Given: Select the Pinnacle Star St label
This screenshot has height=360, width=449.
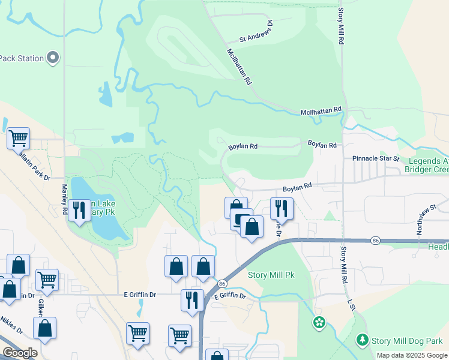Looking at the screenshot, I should click(375, 158).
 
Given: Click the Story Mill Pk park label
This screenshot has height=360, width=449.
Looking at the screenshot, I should click(271, 275).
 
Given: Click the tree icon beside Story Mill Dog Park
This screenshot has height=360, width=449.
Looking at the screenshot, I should click(362, 340).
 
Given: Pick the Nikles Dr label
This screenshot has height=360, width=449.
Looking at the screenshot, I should click(11, 330).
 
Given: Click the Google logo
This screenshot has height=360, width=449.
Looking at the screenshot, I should click(19, 353).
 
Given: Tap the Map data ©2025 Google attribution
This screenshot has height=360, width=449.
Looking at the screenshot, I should click(412, 355).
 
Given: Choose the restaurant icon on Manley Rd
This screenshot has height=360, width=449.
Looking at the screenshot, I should click(79, 209).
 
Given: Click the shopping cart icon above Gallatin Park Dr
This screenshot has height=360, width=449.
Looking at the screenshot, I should click(18, 137).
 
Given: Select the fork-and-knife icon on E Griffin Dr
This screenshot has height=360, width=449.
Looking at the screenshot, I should click(192, 299).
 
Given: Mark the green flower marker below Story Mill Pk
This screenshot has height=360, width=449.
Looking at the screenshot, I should click(319, 323).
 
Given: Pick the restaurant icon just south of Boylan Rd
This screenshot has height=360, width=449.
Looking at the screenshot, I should click(281, 208).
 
